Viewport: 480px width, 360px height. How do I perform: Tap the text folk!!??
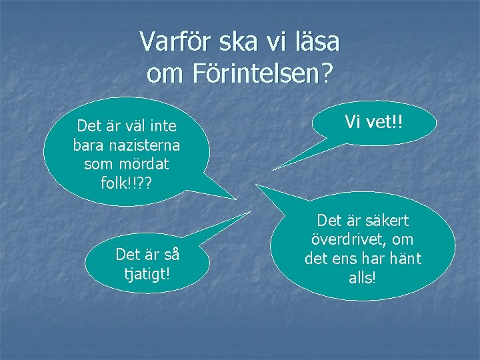[127, 182]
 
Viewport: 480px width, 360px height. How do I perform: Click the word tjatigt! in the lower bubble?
[147, 273]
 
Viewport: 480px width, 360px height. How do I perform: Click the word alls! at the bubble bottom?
[363, 277]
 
